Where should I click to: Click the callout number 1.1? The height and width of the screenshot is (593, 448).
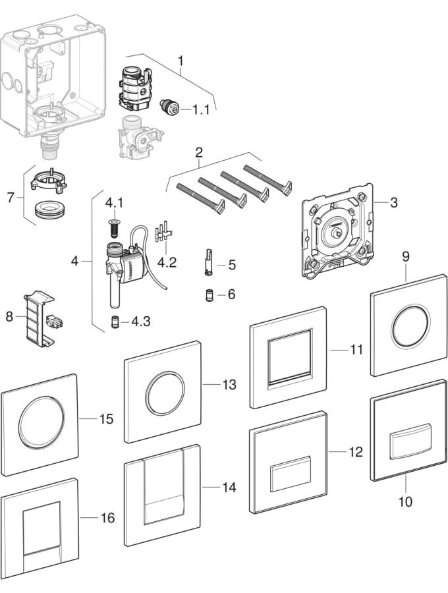coord(200,110)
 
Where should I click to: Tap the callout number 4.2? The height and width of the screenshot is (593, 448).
coord(167,262)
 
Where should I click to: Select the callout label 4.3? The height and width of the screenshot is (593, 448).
coord(140,322)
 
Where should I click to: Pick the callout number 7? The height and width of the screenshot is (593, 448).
coord(11,196)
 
